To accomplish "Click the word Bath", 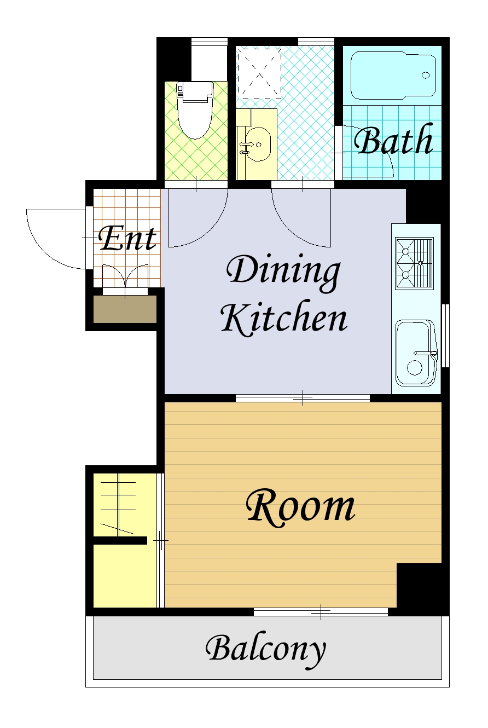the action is click(393, 140).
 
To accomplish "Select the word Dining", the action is click(283, 274).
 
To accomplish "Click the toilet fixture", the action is click(195, 109).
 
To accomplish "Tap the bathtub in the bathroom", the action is click(393, 75).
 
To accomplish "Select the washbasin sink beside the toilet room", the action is click(255, 145).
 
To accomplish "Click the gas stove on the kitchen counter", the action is click(414, 263).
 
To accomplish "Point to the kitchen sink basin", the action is click(416, 353).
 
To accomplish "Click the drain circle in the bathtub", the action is click(425, 76).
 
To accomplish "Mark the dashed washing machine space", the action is click(259, 74).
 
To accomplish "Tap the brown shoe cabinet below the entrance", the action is click(125, 309).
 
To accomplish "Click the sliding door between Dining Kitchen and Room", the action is click(303, 398).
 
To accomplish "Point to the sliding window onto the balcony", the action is click(321, 612).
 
